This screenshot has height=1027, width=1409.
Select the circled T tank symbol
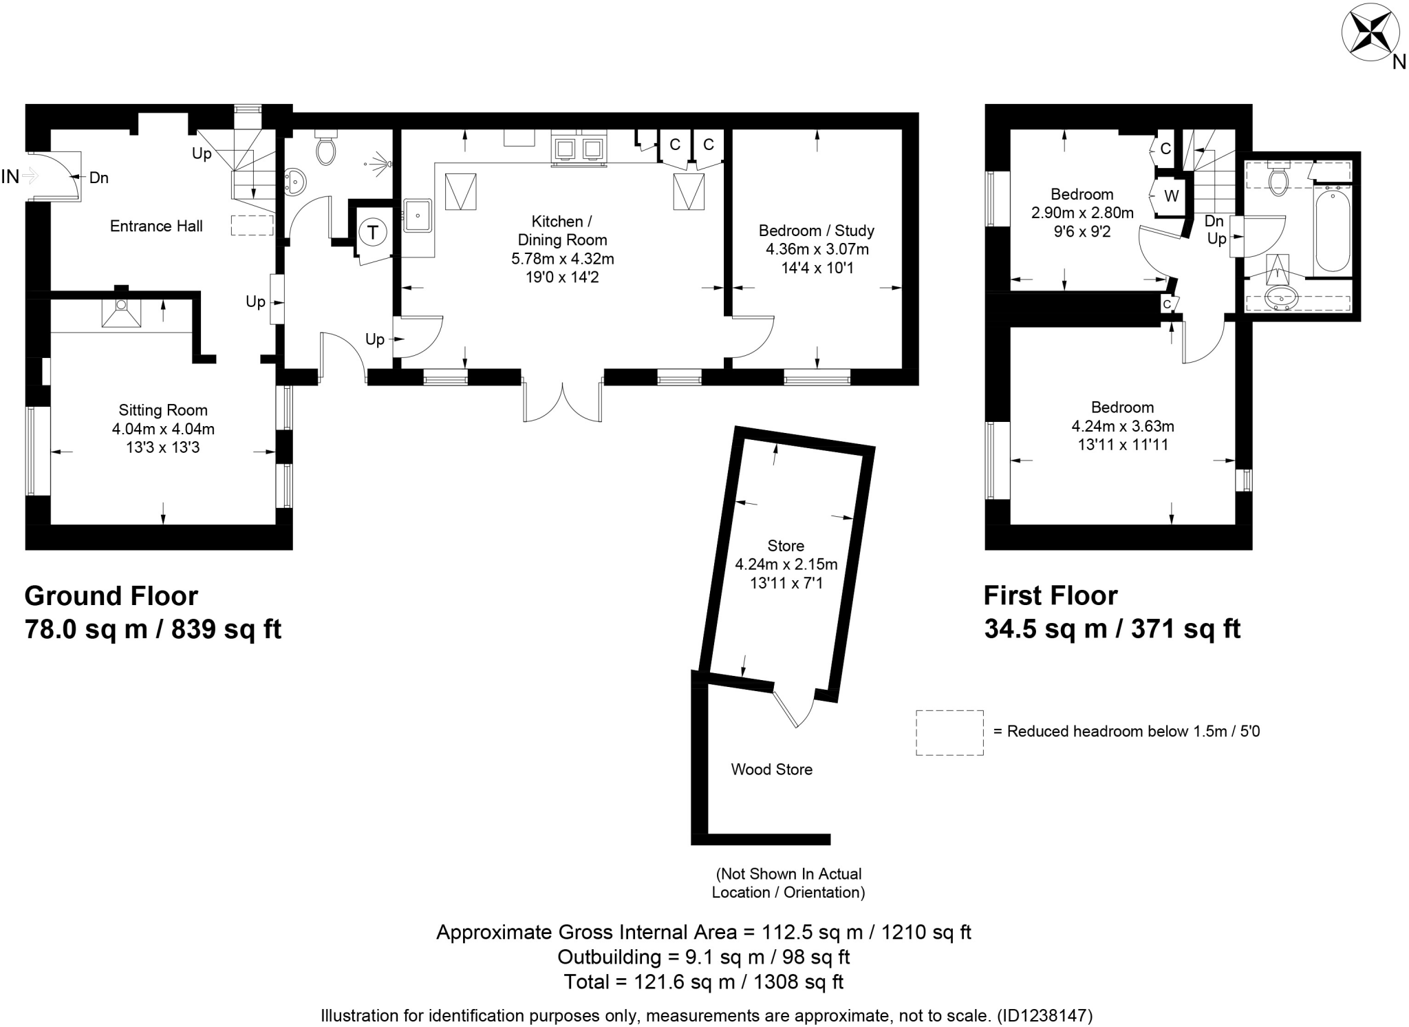[373, 232]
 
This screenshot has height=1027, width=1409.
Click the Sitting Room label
[163, 410]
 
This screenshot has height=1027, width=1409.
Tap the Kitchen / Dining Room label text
[562, 231]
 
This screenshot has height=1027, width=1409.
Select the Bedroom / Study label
[816, 231]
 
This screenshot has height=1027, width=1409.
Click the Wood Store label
[771, 770]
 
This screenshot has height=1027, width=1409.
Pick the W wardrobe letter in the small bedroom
[1171, 196]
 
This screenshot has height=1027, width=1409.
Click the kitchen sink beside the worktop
[417, 215]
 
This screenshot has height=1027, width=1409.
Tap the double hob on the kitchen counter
[579, 149]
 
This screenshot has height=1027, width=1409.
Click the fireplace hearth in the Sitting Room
[121, 313]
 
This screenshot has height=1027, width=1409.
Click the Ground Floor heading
[111, 595]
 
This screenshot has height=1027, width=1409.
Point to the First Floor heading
[1050, 595]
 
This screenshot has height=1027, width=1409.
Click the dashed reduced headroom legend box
[949, 732]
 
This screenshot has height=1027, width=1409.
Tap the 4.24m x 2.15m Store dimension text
[786, 564]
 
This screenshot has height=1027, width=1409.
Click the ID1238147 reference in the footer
[1044, 1015]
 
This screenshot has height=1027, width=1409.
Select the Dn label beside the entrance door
[98, 178]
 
